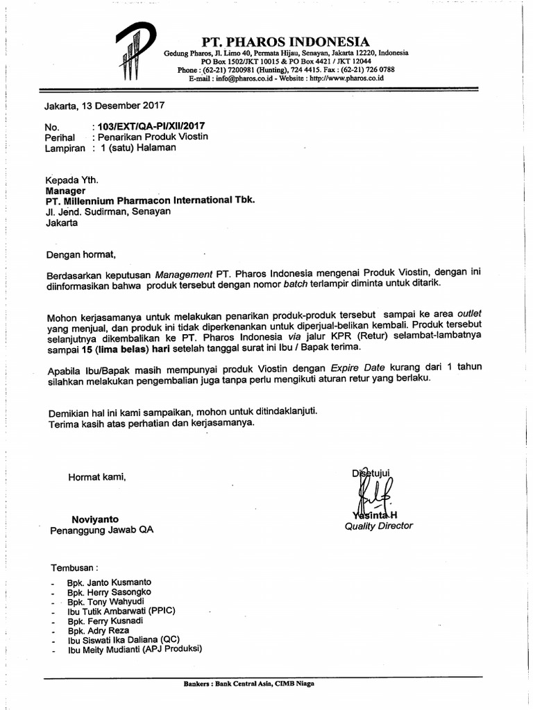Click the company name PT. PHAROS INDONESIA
tap(285, 42)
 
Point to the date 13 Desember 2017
tap(122, 106)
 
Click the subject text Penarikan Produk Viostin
tap(153, 137)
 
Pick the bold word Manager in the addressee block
tap(65, 190)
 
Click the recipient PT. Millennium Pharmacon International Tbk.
tap(150, 200)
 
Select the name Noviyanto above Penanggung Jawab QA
tap(95, 519)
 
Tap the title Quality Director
tap(378, 526)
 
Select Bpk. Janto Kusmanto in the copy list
tap(109, 582)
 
